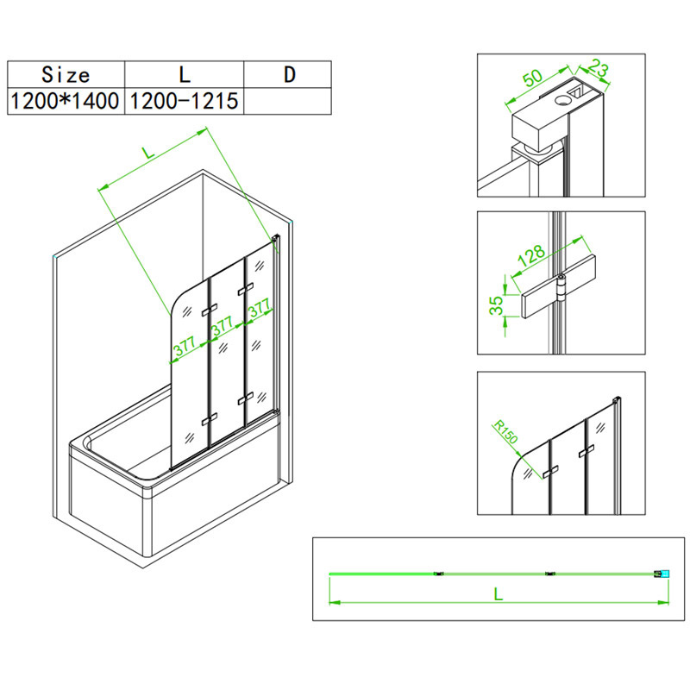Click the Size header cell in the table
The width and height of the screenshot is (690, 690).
tap(66, 74)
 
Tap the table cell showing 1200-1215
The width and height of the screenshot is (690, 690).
tap(185, 101)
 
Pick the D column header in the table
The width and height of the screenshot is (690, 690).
tap(288, 74)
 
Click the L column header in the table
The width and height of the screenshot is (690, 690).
tap(185, 74)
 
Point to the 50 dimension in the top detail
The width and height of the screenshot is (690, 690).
tap(533, 78)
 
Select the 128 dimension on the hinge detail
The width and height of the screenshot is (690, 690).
tap(531, 254)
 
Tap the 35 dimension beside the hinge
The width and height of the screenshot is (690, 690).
tap(496, 304)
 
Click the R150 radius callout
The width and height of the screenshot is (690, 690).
tap(505, 432)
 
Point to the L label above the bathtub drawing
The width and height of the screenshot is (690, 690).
tap(149, 153)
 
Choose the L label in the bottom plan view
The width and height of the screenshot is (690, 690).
tap(498, 593)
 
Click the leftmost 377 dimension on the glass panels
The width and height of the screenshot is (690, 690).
tap(185, 346)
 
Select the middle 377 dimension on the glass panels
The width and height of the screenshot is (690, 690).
tap(223, 326)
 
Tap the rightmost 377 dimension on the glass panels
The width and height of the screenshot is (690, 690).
tap(259, 307)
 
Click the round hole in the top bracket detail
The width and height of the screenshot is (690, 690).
tap(562, 100)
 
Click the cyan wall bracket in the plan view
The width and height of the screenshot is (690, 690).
tap(665, 574)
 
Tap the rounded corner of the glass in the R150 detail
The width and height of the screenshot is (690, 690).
tap(516, 463)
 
